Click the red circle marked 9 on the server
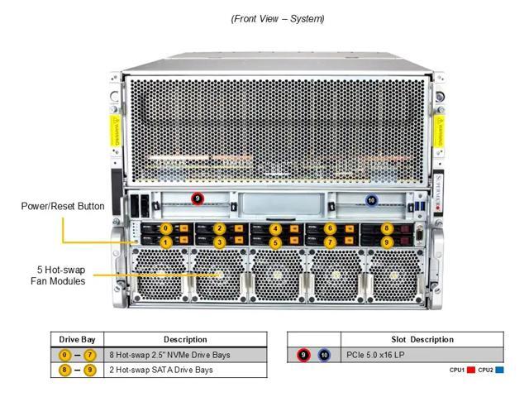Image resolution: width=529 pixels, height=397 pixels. [x=197, y=198]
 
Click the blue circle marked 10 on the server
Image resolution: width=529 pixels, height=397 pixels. [x=371, y=200]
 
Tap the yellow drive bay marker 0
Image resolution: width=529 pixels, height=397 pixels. [x=165, y=228]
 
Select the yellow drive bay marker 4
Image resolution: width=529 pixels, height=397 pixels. [x=275, y=228]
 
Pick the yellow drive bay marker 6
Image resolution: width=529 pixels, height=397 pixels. [x=330, y=228]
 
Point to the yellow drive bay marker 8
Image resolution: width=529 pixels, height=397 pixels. [x=386, y=228]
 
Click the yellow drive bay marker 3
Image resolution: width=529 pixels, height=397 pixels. [x=220, y=242]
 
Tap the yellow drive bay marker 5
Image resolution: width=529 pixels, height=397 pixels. [x=275, y=242]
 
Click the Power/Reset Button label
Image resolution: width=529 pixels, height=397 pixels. [x=63, y=206]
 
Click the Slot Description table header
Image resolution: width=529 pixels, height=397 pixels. [x=422, y=339]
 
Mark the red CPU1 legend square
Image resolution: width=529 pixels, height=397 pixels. [x=471, y=370]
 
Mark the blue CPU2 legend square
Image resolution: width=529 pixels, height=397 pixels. [x=500, y=370]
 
